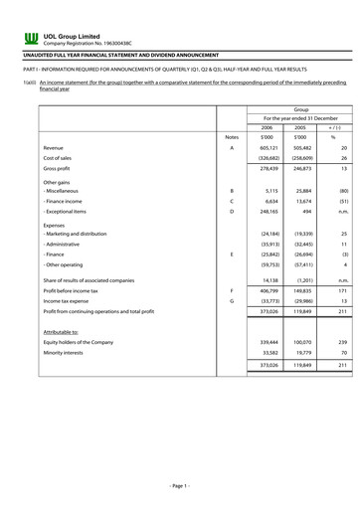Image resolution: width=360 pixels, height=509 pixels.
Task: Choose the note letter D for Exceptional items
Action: click(x=231, y=211)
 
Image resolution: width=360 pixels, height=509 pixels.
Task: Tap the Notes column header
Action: click(x=233, y=136)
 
